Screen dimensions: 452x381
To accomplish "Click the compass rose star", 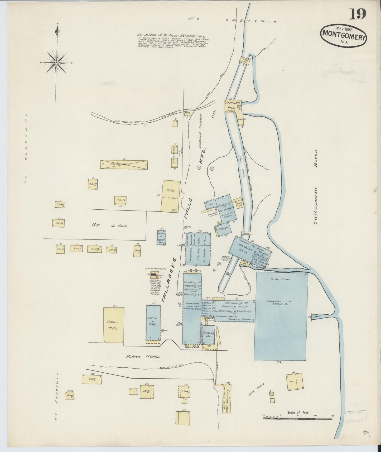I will [x=56, y=62].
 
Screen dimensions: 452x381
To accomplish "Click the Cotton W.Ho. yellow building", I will [x=114, y=325].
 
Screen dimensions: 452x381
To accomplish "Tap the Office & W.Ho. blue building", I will [x=153, y=323].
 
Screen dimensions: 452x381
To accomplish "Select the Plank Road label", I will [x=143, y=356].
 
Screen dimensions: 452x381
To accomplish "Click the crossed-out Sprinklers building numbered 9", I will [x=124, y=164].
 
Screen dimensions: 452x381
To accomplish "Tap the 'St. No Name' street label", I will [x=109, y=225].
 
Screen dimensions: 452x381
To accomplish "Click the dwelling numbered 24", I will [x=92, y=379].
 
